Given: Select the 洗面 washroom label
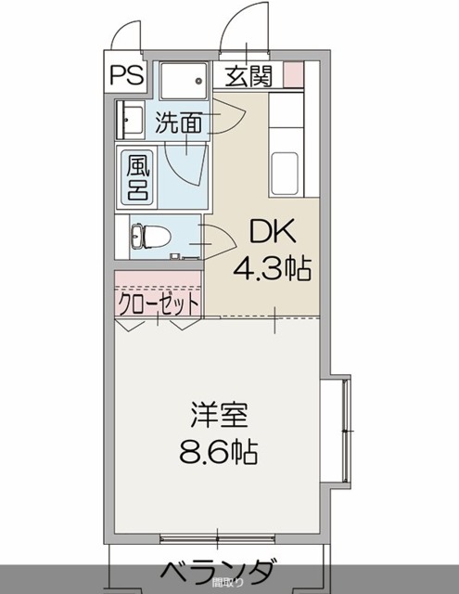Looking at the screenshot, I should (x=180, y=122).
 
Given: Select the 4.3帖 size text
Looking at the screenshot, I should (x=271, y=270).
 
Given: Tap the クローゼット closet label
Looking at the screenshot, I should (x=158, y=303).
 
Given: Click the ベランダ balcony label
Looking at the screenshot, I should (x=219, y=569).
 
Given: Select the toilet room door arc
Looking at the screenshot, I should (x=218, y=239).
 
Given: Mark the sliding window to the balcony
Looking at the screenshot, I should (x=218, y=537).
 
